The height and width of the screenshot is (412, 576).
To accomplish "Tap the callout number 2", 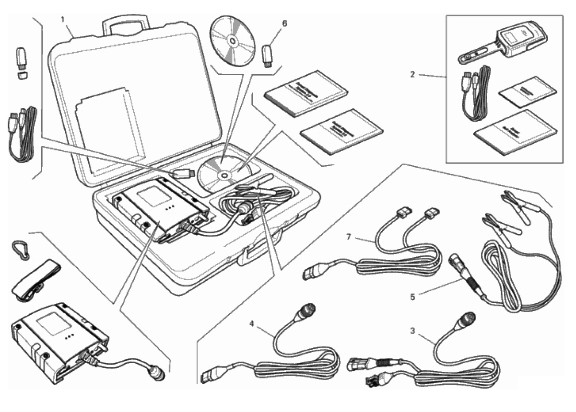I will tap(412, 74).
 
